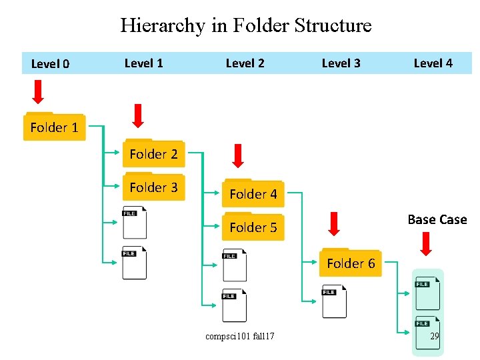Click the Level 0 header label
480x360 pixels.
tap(50, 64)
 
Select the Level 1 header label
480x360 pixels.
tap(143, 63)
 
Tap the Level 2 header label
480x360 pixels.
tap(245, 63)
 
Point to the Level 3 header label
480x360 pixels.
tap(341, 63)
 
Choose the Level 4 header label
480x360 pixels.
tap(433, 63)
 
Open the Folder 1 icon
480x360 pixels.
tap(54, 127)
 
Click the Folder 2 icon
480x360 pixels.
tap(153, 153)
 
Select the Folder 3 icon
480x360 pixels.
tap(153, 187)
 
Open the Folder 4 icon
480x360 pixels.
tap(253, 193)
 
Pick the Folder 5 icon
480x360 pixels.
tap(253, 227)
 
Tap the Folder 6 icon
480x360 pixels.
tap(351, 263)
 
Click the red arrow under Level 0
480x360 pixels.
tap(38, 92)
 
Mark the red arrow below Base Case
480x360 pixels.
tap(427, 243)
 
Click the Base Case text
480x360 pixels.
tap(437, 219)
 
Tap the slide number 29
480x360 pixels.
tap(434, 337)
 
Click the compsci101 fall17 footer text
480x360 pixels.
tap(239, 337)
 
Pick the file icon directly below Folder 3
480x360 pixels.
tap(135, 223)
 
